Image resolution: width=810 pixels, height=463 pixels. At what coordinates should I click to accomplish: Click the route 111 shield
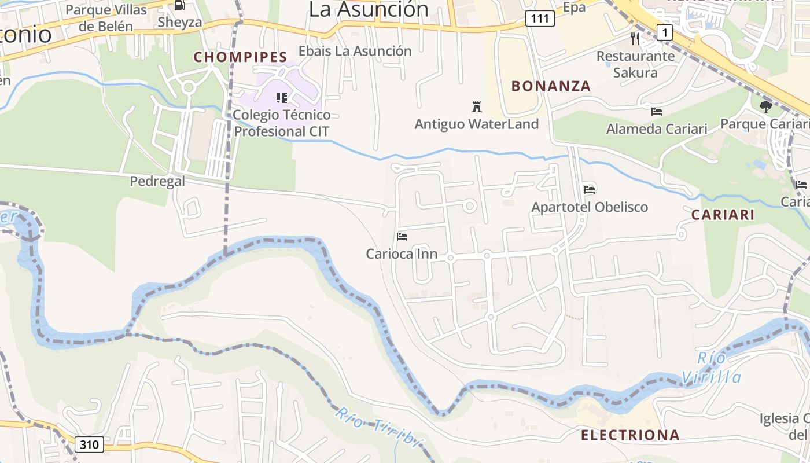(540, 19)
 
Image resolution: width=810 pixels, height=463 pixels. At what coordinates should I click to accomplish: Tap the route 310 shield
(89, 444)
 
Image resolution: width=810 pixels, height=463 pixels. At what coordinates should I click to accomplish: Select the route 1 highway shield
(665, 32)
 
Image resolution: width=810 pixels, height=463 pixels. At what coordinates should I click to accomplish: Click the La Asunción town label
(369, 9)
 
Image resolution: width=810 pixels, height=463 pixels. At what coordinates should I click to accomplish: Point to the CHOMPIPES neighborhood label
(240, 57)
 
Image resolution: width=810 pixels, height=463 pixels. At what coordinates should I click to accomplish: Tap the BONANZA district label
(551, 86)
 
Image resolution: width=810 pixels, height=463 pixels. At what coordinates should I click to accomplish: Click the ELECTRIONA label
(630, 435)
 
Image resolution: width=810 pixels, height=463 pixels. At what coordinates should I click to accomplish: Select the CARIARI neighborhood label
(723, 215)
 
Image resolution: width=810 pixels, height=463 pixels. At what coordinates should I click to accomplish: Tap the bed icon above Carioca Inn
(402, 236)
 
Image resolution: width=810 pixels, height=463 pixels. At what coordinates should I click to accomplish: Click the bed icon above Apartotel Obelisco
(590, 189)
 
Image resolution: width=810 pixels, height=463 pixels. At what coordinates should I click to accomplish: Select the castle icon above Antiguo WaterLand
(477, 106)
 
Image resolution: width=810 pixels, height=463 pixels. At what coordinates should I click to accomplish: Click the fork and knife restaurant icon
(636, 39)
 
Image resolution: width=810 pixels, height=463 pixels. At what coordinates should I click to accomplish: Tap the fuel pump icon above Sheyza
(180, 5)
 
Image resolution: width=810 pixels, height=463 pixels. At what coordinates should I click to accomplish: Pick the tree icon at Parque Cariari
(765, 106)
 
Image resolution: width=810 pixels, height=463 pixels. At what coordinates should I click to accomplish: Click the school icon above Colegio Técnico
(282, 97)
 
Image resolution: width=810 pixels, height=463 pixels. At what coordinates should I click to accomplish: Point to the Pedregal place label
(157, 181)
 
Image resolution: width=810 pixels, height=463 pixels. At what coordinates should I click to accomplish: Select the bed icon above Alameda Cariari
(656, 111)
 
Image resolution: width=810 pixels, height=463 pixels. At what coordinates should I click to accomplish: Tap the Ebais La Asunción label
(355, 51)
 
